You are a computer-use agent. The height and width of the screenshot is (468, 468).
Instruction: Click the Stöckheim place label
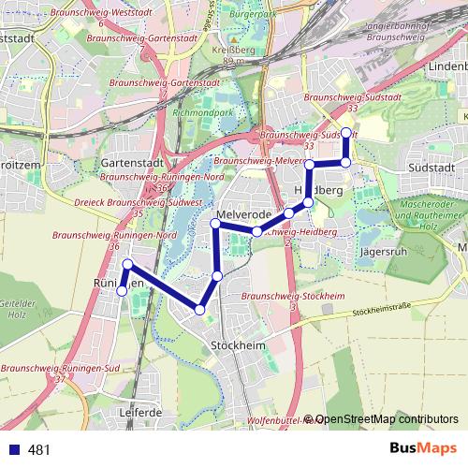pos(235,346)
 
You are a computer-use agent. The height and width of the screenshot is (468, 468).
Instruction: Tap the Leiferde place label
pos(141,412)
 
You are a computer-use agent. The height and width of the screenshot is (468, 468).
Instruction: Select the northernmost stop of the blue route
pos(346,132)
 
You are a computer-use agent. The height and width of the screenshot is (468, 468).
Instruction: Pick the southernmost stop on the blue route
pos(199,310)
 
